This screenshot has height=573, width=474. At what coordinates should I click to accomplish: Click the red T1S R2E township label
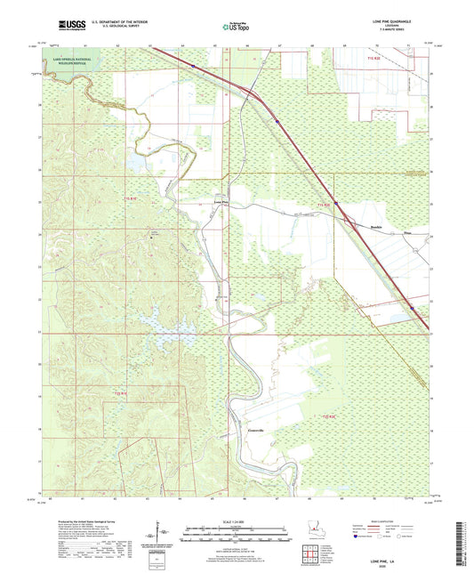click(x=327, y=206)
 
